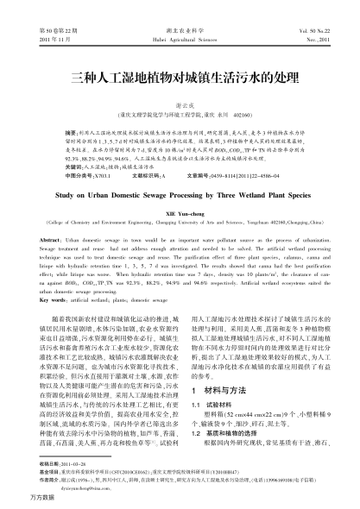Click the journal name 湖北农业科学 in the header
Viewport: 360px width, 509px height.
(x=180, y=29)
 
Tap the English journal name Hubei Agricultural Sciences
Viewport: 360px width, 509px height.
(x=180, y=39)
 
